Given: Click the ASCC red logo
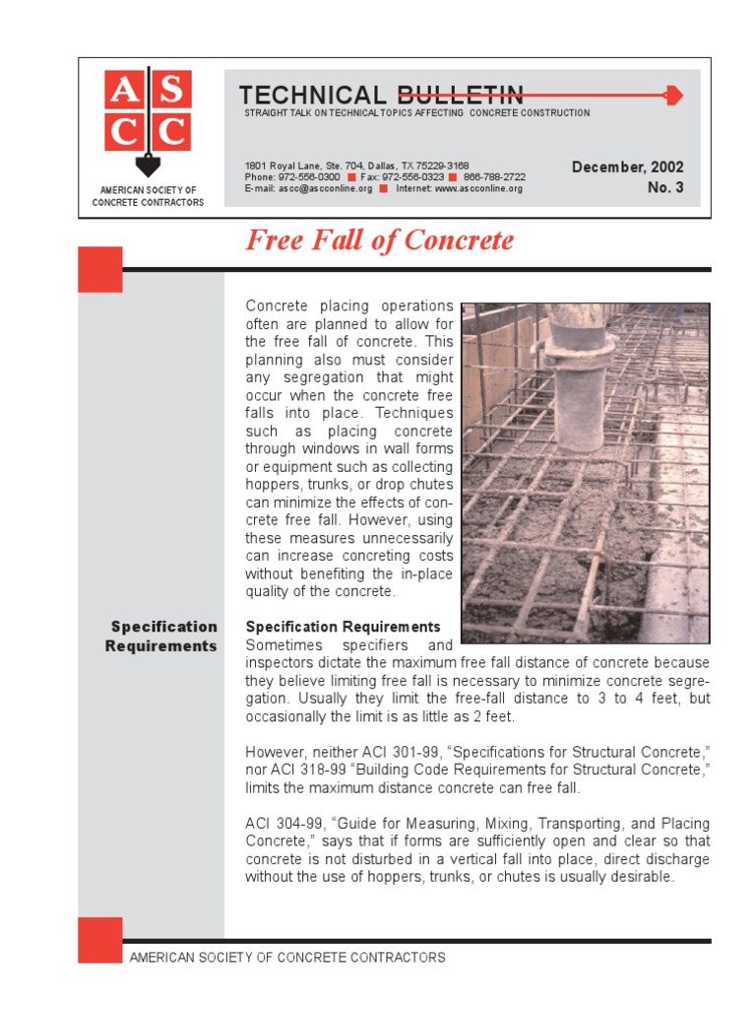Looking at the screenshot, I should [147, 112].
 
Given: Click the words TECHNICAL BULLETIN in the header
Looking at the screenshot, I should [381, 95].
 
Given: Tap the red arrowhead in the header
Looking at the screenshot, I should [673, 96].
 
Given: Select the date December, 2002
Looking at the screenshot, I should [627, 168].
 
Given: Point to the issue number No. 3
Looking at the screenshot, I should [665, 187].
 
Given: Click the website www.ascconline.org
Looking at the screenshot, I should [478, 188].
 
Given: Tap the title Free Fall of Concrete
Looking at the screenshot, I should [379, 240].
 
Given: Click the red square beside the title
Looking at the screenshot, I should [100, 269].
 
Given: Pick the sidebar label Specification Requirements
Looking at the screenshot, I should [163, 637].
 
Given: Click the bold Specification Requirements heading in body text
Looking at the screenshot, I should [343, 627].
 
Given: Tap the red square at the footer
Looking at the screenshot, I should [100, 939].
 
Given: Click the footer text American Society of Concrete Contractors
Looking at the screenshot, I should [287, 957].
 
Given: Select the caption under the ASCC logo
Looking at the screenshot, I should [148, 196].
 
